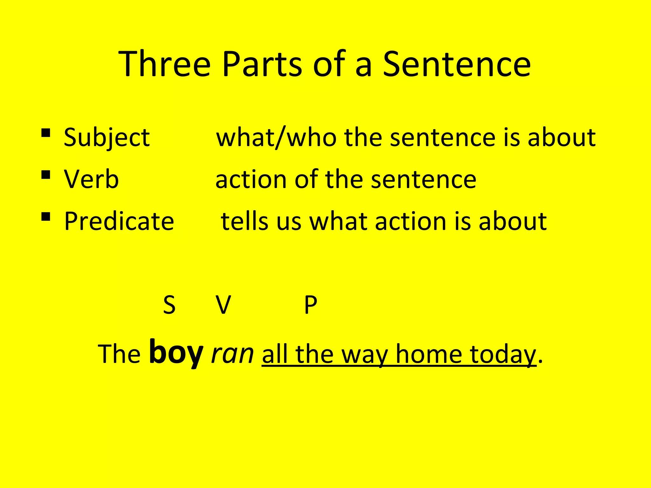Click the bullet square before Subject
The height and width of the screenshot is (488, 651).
(46, 132)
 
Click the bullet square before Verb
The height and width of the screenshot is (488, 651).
(46, 174)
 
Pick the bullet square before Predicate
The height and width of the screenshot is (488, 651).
(46, 217)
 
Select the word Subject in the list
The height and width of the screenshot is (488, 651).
(106, 138)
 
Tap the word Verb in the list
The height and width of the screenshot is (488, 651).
(91, 180)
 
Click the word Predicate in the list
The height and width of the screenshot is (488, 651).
(119, 221)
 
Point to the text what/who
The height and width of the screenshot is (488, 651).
(276, 138)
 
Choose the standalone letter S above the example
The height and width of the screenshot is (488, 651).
(169, 305)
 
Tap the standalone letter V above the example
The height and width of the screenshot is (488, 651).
(223, 305)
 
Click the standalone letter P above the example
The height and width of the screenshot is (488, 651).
(311, 305)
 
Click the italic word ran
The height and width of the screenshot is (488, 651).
(232, 354)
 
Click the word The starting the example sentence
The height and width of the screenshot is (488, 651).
(119, 354)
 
